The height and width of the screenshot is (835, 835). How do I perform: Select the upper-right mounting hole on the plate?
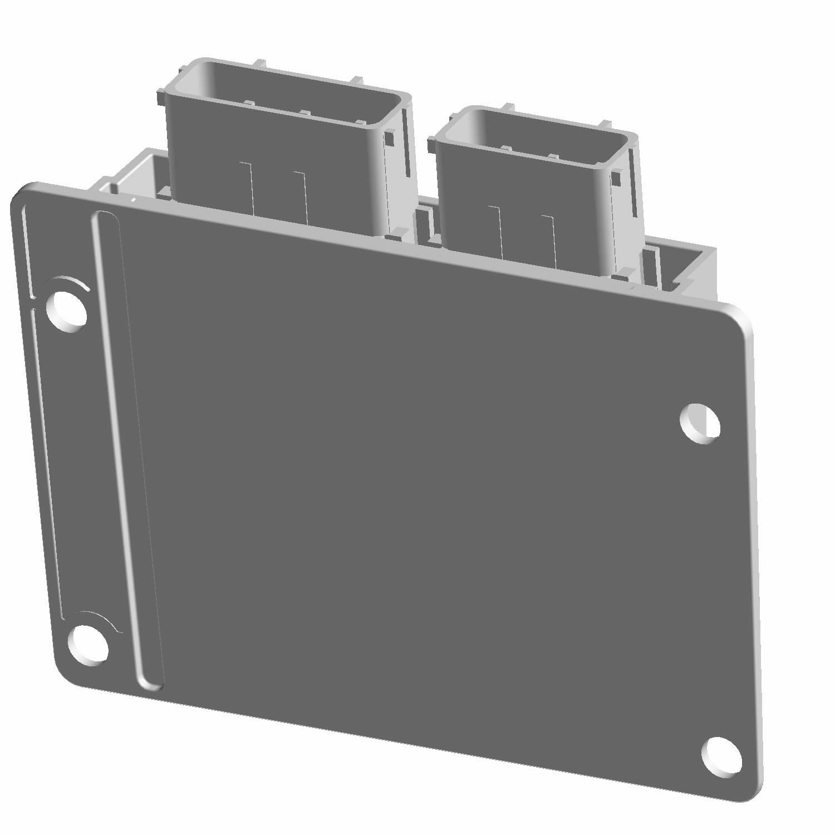(700, 424)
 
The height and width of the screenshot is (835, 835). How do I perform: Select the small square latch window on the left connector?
(390, 136)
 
